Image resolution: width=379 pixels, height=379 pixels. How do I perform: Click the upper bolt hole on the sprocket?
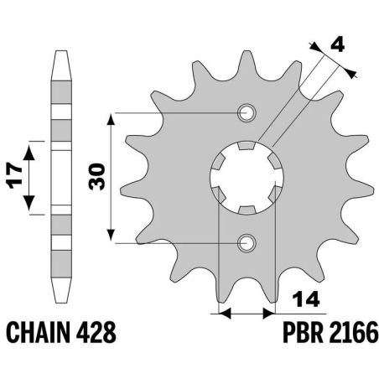coord(247,112)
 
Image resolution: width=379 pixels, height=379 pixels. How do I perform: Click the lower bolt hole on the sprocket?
coord(247,243)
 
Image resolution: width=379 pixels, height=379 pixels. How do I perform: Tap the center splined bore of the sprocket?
coord(247,178)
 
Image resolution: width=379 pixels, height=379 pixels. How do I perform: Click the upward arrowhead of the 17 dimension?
coord(31,149)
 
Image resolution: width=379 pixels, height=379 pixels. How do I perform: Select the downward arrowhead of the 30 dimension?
coord(112,236)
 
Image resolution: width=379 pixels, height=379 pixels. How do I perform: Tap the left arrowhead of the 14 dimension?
coord(224,314)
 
